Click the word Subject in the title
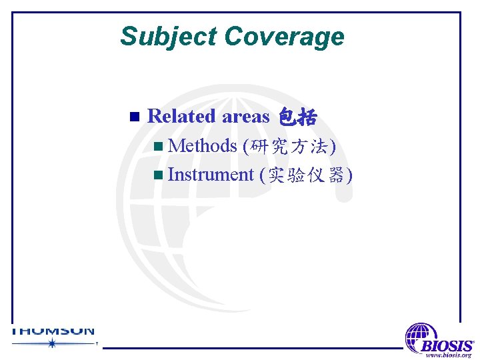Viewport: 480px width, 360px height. (169, 36)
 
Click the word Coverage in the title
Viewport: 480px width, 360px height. (285, 36)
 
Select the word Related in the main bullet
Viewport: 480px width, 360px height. (181, 116)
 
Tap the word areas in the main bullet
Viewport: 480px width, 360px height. (245, 117)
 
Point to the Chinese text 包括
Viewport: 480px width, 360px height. (297, 117)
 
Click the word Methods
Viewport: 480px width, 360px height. (203, 145)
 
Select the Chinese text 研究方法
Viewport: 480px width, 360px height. (290, 146)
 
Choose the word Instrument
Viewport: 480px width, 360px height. (211, 175)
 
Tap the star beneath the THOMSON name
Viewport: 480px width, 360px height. (52, 343)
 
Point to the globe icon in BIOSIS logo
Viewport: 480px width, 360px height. (421, 337)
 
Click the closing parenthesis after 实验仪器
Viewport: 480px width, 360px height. (349, 175)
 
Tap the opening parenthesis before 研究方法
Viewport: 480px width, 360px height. (247, 146)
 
